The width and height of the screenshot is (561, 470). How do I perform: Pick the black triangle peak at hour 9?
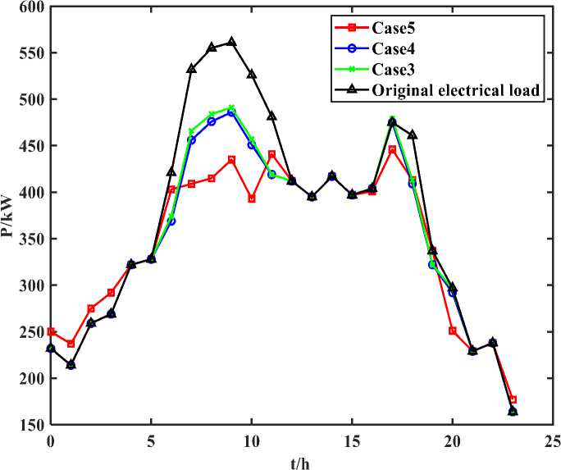[231, 42]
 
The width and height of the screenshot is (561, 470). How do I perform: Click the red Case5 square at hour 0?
[51, 332]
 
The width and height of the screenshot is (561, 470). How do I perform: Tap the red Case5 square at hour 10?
[252, 198]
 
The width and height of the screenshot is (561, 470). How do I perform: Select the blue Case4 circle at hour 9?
[231, 113]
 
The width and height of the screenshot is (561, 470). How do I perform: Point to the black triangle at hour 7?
[191, 69]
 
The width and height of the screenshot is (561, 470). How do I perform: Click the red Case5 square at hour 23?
[513, 399]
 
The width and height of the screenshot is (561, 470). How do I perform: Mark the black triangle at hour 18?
[413, 135]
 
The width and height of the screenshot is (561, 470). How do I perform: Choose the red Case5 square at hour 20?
[452, 331]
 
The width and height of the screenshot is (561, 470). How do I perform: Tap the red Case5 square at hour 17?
[392, 149]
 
